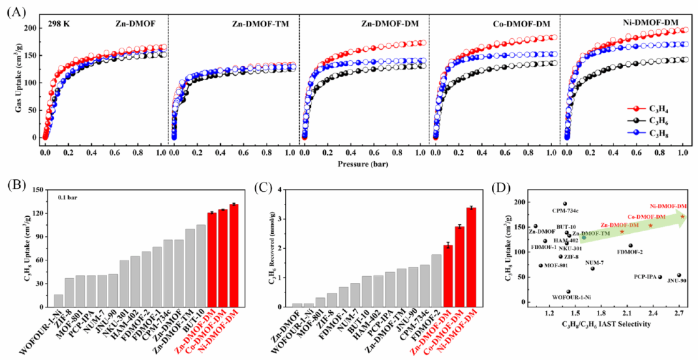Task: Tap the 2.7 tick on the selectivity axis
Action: pos(680,313)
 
